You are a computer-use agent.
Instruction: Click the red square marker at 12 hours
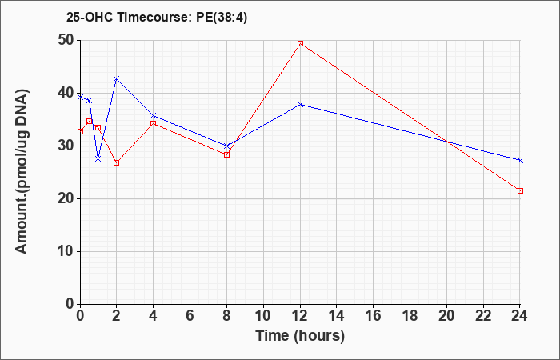(300, 43)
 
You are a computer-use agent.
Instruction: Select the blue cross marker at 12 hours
(300, 104)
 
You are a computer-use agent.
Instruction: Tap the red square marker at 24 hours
(520, 190)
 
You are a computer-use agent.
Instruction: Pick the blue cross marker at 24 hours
(520, 160)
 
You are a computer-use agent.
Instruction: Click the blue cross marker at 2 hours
(116, 78)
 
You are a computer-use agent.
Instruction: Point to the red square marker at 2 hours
(116, 162)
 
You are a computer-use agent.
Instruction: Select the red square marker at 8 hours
(226, 154)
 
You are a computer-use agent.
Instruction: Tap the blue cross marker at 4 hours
(154, 116)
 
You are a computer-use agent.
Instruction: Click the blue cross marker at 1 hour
(98, 158)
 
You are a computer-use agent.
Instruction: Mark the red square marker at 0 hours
(80, 131)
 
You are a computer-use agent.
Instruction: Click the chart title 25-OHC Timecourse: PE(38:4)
(157, 18)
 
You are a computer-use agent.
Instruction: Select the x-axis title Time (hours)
(300, 336)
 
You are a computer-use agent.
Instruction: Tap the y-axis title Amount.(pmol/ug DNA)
(22, 172)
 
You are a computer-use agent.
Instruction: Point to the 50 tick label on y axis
(66, 40)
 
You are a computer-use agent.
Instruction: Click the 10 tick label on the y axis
(66, 251)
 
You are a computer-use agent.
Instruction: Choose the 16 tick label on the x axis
(374, 316)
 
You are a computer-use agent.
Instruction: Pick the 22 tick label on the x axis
(483, 316)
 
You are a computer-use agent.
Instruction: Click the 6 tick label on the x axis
(190, 316)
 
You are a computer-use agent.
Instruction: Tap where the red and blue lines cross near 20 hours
(447, 142)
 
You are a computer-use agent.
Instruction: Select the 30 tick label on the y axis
(66, 146)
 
